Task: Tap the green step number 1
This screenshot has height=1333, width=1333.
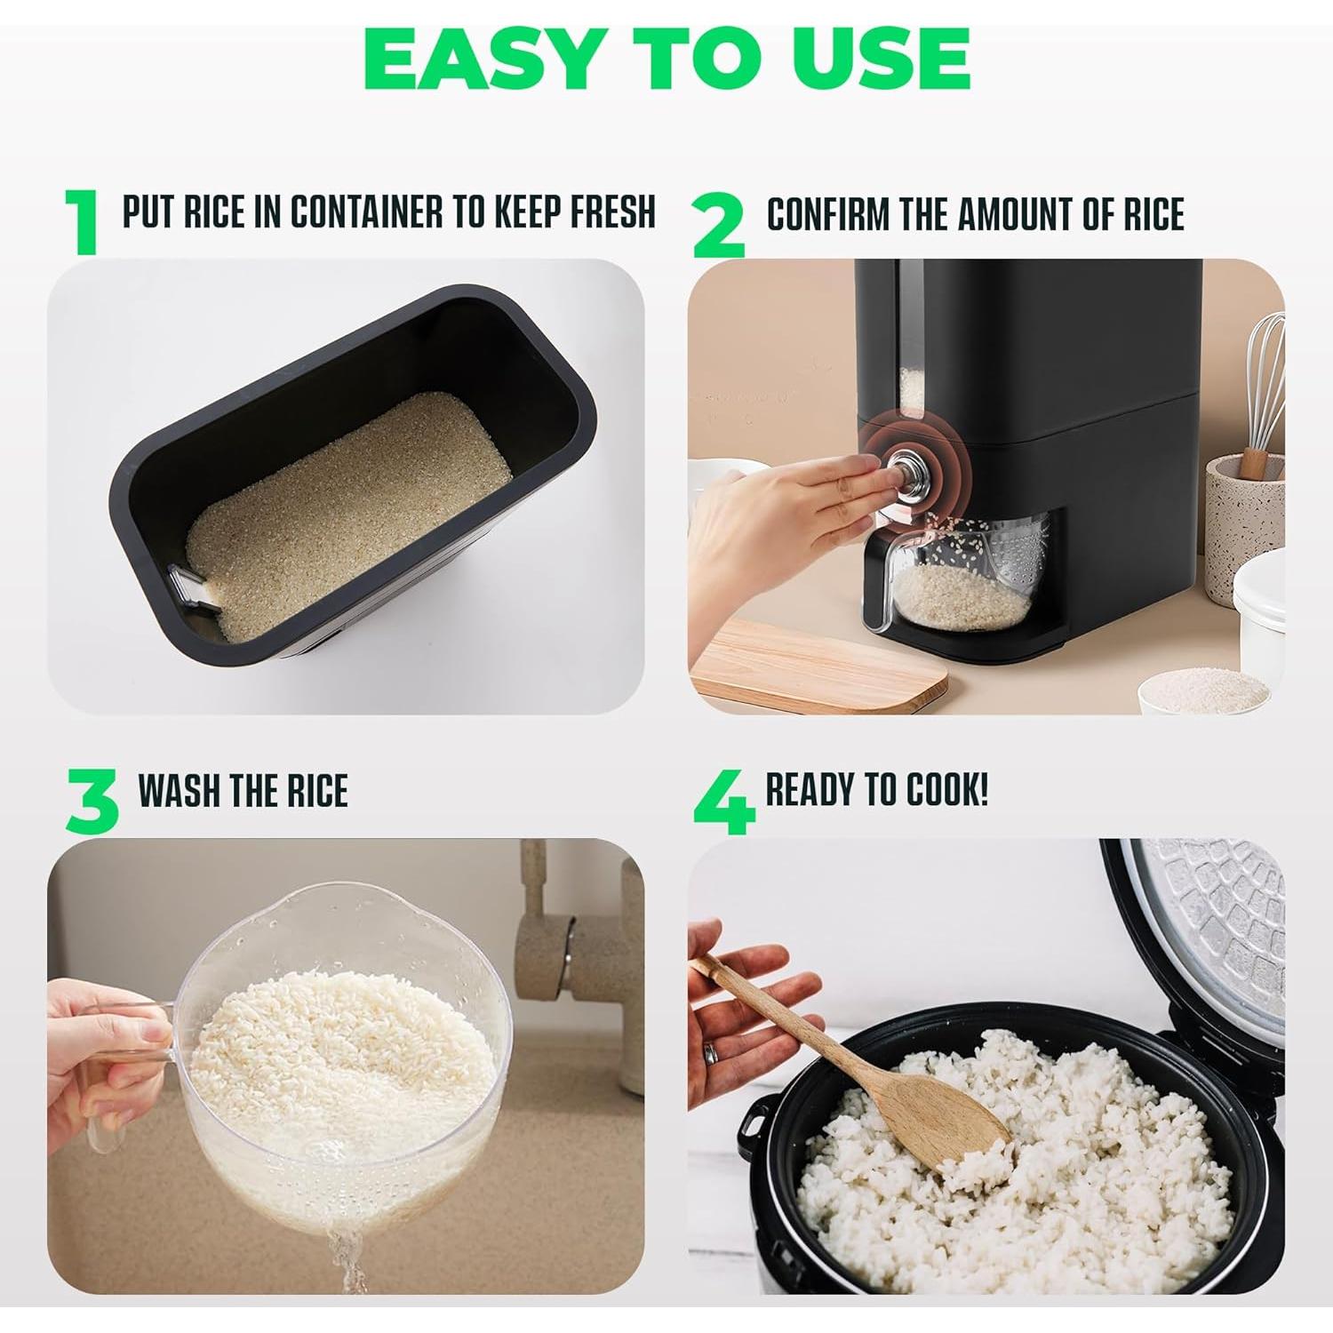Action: point(84,222)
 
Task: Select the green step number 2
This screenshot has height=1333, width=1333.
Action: point(717,226)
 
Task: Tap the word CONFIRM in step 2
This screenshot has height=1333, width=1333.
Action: point(827,214)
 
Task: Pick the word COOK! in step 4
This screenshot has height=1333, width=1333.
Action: point(946,789)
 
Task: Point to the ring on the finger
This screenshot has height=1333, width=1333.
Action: point(710,1053)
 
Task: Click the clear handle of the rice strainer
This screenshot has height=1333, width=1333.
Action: point(120,1075)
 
